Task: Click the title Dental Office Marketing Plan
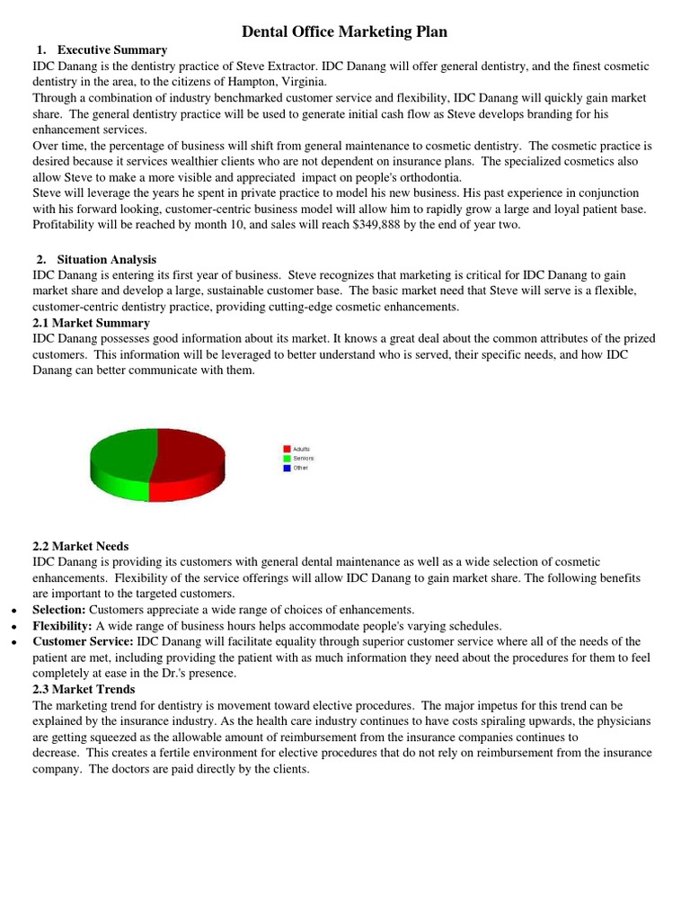pos(345,32)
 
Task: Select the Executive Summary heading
pos(111,50)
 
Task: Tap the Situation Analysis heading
pos(106,259)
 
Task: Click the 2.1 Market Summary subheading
pos(92,322)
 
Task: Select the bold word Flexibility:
pos(63,626)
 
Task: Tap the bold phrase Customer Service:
pos(83,641)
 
